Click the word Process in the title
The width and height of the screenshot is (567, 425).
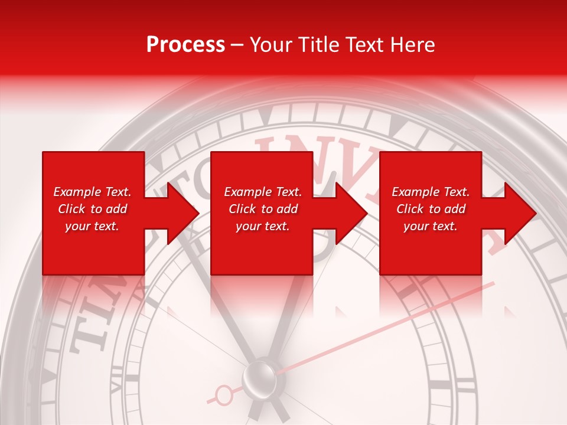coord(185,45)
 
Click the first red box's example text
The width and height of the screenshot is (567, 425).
coord(92,209)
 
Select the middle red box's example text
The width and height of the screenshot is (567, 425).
coord(263,209)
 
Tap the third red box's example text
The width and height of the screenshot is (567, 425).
coord(431,209)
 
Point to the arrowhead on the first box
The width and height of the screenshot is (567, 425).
coord(183,213)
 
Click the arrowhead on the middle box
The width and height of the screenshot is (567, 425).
coord(351,213)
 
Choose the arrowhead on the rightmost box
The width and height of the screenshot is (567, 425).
coord(520,213)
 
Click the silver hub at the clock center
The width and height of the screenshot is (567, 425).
coord(259,376)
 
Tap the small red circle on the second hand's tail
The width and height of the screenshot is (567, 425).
coord(224,394)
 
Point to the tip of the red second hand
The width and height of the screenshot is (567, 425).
coord(493,283)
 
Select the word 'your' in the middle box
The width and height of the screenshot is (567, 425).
coord(248,226)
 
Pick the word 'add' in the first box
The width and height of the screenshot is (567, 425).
coord(117,209)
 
